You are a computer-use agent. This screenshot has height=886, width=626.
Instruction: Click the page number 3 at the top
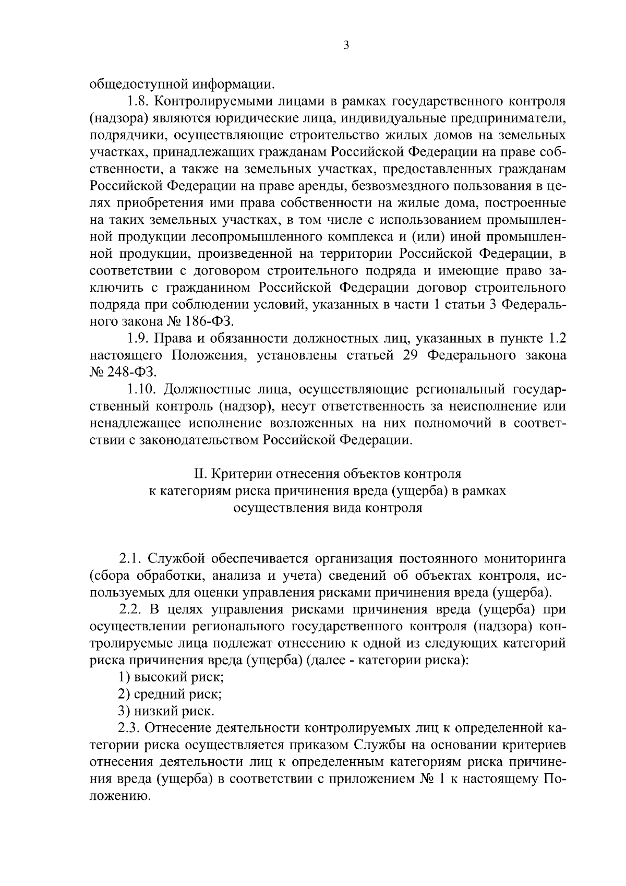click(346, 45)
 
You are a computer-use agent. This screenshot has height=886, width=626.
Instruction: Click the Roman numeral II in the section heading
click(199, 474)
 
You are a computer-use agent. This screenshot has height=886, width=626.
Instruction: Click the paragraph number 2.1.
click(130, 559)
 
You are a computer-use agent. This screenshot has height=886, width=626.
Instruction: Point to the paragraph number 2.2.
click(130, 609)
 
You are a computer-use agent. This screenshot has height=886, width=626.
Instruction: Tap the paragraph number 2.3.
click(130, 728)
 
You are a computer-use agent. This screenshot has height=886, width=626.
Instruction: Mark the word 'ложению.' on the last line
click(119, 796)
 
